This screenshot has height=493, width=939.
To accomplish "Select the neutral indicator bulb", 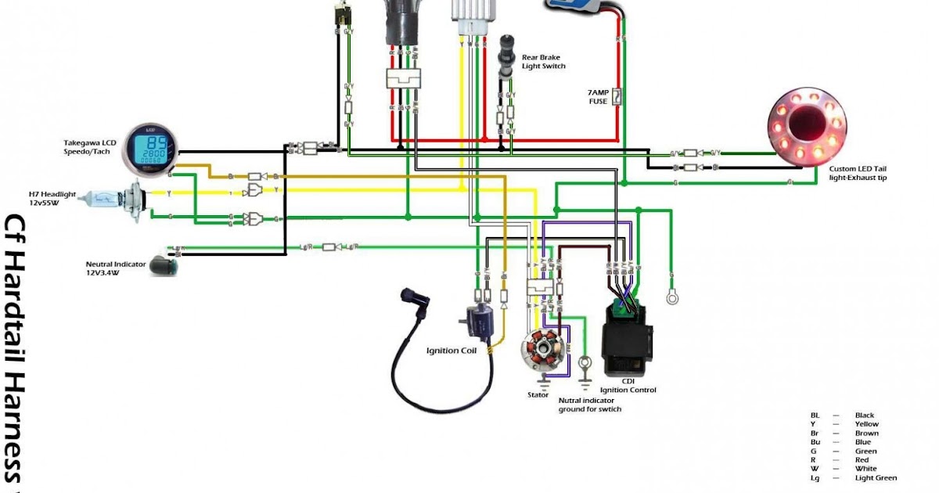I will click(165, 263).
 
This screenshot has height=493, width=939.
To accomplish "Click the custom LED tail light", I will click(809, 126).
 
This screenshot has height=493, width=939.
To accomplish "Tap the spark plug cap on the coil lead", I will click(408, 297).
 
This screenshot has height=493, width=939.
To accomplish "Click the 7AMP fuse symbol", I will click(617, 97).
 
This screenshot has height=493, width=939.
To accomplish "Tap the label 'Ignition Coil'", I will click(451, 351).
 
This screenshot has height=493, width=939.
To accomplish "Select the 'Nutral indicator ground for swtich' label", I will click(589, 405).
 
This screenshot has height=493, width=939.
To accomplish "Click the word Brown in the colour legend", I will click(866, 434).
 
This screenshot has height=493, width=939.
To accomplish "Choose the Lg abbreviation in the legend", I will click(815, 478).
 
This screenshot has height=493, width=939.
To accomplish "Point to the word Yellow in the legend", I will click(866, 424).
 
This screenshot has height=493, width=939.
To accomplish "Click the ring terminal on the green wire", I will click(671, 297).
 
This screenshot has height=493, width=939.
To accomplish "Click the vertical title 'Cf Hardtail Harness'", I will click(16, 348).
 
